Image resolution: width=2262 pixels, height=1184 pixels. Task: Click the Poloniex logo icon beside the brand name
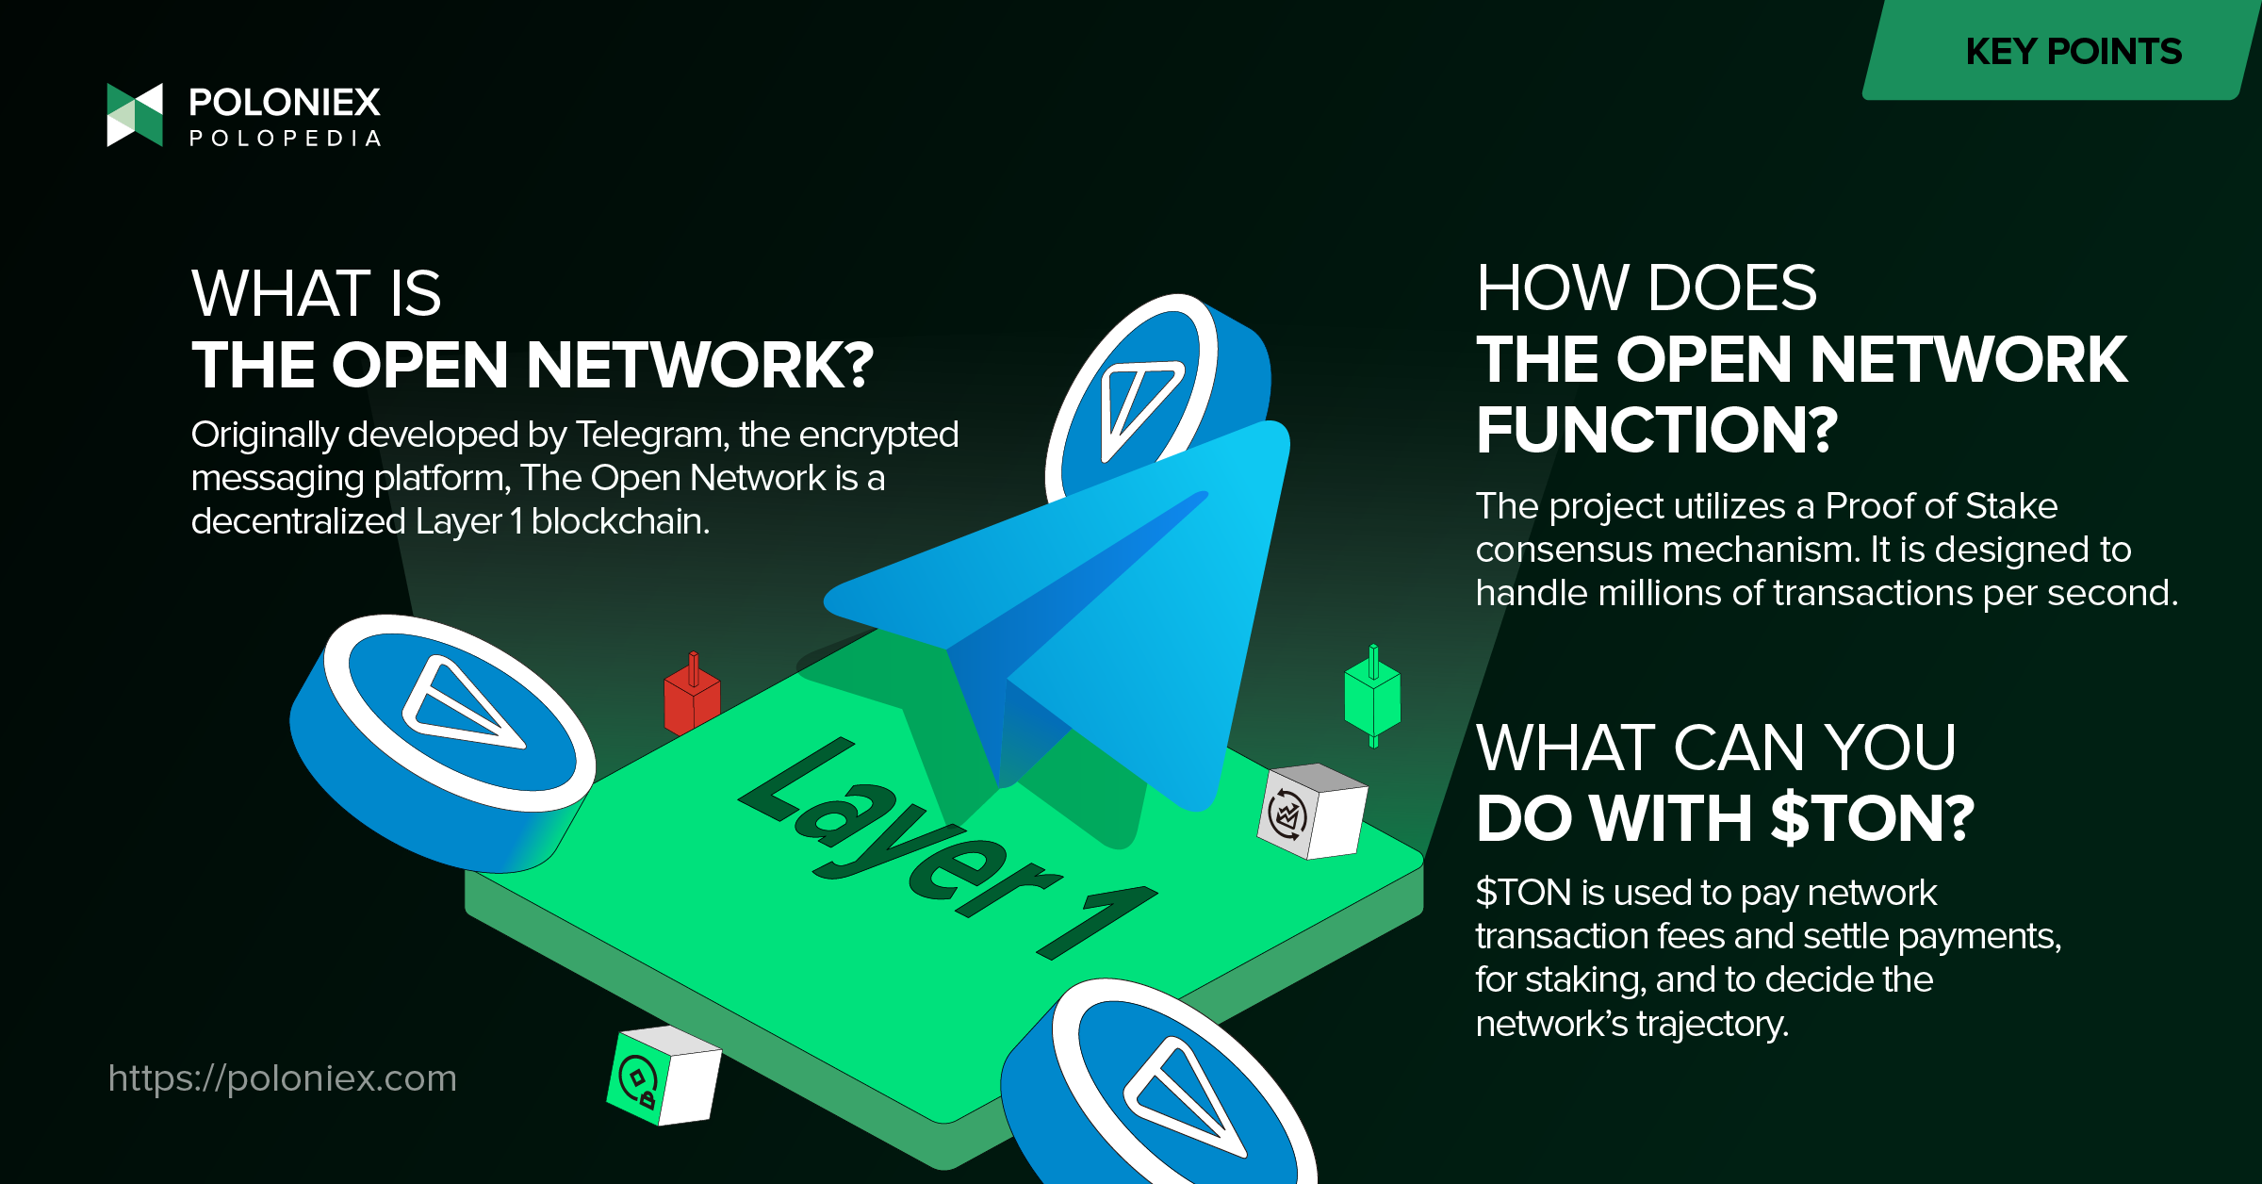pos(135,115)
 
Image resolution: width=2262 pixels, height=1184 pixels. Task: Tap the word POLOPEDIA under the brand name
pos(286,139)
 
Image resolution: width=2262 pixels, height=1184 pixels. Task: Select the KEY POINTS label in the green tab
pos(2073,51)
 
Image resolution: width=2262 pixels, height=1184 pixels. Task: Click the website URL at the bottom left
pos(282,1078)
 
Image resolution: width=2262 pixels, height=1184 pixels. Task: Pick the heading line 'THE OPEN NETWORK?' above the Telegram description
pos(533,365)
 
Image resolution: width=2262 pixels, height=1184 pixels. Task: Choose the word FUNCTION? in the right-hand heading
pos(1657,430)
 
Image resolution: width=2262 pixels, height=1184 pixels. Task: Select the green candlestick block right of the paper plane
pos(1372,696)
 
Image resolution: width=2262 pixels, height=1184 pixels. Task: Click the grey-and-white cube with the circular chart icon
pos(1312,811)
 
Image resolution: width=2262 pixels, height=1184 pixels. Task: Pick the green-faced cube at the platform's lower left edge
pos(664,1075)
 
